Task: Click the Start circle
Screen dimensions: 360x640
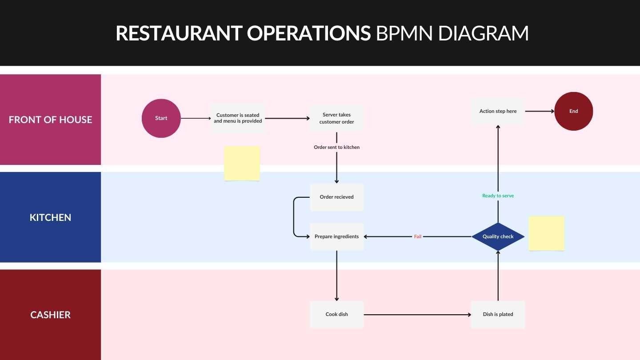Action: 161,118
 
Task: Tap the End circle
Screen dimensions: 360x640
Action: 573,111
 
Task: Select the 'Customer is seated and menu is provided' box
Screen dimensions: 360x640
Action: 238,118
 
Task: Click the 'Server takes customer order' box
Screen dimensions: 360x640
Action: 336,118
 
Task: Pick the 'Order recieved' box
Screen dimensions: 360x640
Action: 336,197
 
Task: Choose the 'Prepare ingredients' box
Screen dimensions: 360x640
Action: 336,236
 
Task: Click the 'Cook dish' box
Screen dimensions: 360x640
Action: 336,314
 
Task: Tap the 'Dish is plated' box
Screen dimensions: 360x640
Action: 498,314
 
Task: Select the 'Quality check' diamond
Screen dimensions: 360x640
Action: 498,236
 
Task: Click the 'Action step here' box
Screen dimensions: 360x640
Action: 498,111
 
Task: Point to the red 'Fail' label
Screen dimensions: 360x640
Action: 418,236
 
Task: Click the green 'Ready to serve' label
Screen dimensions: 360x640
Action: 498,196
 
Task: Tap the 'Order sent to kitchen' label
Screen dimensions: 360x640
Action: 336,147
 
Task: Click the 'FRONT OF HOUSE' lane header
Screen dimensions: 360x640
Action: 50,120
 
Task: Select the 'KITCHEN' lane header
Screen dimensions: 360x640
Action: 50,217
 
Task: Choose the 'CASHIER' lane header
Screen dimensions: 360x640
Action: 50,315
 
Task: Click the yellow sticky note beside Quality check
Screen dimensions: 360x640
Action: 546,233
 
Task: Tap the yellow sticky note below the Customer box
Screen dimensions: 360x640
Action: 242,163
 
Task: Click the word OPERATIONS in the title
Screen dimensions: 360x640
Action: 309,33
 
